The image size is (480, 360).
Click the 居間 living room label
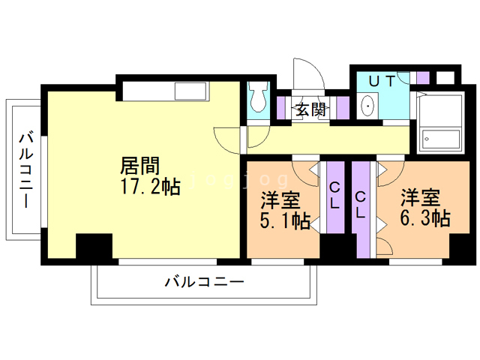139,164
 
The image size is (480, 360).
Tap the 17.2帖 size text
150,187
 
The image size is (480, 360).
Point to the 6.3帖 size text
424,219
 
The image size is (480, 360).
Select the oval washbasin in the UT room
367,106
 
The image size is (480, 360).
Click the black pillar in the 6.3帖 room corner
460,247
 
